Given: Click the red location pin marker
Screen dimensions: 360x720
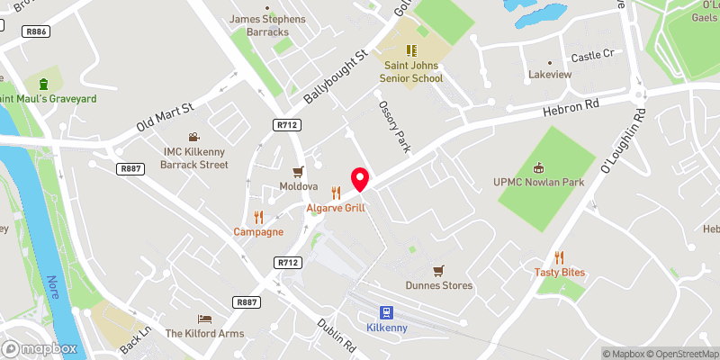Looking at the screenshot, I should (x=360, y=178).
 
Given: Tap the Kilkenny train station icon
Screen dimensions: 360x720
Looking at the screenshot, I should (x=385, y=312).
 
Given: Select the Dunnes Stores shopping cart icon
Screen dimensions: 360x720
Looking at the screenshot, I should (x=438, y=270).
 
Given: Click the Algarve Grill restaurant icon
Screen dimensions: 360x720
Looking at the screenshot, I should (x=337, y=193).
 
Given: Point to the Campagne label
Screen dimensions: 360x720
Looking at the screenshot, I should (x=258, y=231).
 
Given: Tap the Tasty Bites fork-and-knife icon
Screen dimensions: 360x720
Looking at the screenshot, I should (x=559, y=256).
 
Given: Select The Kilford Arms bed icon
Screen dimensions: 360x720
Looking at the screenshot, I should (x=204, y=319).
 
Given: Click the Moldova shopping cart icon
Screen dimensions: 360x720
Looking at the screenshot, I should (x=298, y=171).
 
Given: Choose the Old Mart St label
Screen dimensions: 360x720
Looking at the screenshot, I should (x=165, y=116).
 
